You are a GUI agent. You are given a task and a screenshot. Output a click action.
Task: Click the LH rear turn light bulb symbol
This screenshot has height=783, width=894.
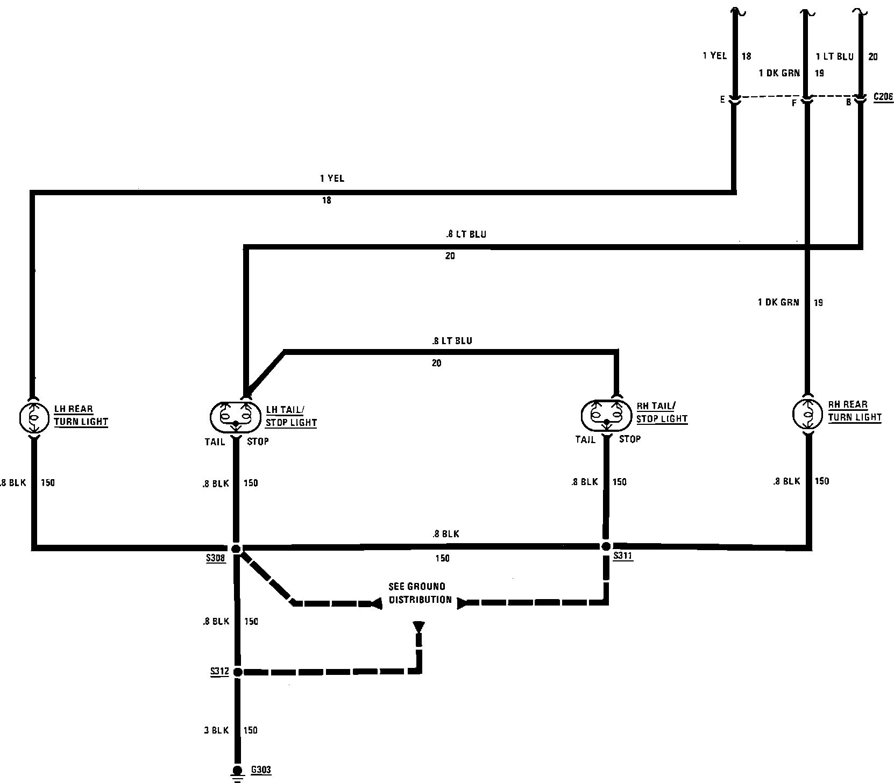pyautogui.click(x=33, y=416)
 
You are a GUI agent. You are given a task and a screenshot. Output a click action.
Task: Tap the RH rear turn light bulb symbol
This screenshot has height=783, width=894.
pyautogui.click(x=808, y=413)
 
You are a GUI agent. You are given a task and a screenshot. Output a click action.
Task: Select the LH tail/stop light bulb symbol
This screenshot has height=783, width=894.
pyautogui.click(x=236, y=417)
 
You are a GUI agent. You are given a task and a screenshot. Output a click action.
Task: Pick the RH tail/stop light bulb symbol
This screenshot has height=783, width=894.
pyautogui.click(x=607, y=415)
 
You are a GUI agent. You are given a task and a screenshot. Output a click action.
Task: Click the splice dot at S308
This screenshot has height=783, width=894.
pyautogui.click(x=236, y=549)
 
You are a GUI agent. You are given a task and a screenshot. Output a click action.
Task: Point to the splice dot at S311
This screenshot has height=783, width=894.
pyautogui.click(x=606, y=546)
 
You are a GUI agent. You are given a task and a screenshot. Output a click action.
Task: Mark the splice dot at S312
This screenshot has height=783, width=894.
pyautogui.click(x=238, y=672)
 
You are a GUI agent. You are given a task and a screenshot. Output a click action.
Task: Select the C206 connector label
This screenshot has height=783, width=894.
pyautogui.click(x=883, y=97)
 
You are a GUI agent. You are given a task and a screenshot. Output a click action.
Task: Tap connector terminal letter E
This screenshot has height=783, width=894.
pyautogui.click(x=722, y=99)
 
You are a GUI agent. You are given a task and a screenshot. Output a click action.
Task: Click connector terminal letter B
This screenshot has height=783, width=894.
pyautogui.click(x=849, y=102)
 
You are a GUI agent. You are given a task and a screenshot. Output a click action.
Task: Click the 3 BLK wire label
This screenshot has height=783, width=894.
pyautogui.click(x=216, y=730)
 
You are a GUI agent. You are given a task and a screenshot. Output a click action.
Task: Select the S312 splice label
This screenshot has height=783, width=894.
pyautogui.click(x=220, y=672)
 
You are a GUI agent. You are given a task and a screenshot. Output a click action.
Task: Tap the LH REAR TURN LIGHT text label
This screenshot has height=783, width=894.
pyautogui.click(x=81, y=416)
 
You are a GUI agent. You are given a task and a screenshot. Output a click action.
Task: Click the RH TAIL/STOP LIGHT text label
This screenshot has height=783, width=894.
pyautogui.click(x=662, y=412)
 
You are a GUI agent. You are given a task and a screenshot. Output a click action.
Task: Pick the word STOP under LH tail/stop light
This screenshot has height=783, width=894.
pyautogui.click(x=258, y=442)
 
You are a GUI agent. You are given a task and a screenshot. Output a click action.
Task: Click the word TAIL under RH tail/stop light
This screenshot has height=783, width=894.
pyautogui.click(x=585, y=439)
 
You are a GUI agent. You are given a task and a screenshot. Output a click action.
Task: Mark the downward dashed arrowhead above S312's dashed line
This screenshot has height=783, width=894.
pyautogui.click(x=418, y=628)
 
